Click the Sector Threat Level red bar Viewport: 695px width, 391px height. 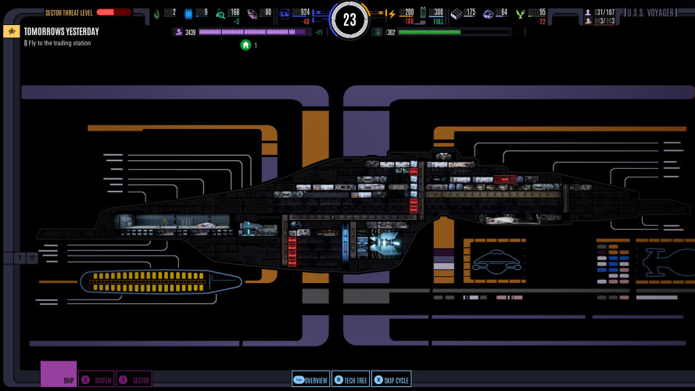coord(113,13)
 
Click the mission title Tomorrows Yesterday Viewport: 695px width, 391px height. coord(61,32)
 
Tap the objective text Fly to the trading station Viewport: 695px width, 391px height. coord(59,43)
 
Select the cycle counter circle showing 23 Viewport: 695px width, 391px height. coord(349,20)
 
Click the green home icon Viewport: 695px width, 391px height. coord(245,45)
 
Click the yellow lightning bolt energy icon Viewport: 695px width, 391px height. coord(392,13)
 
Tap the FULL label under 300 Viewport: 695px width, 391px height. coord(438,22)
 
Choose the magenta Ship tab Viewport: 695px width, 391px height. coord(59,374)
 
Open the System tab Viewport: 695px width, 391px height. coord(97,379)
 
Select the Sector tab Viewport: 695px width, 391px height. coord(134,379)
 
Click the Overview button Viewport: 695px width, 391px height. coord(310,379)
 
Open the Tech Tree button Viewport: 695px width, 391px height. coord(350,379)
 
